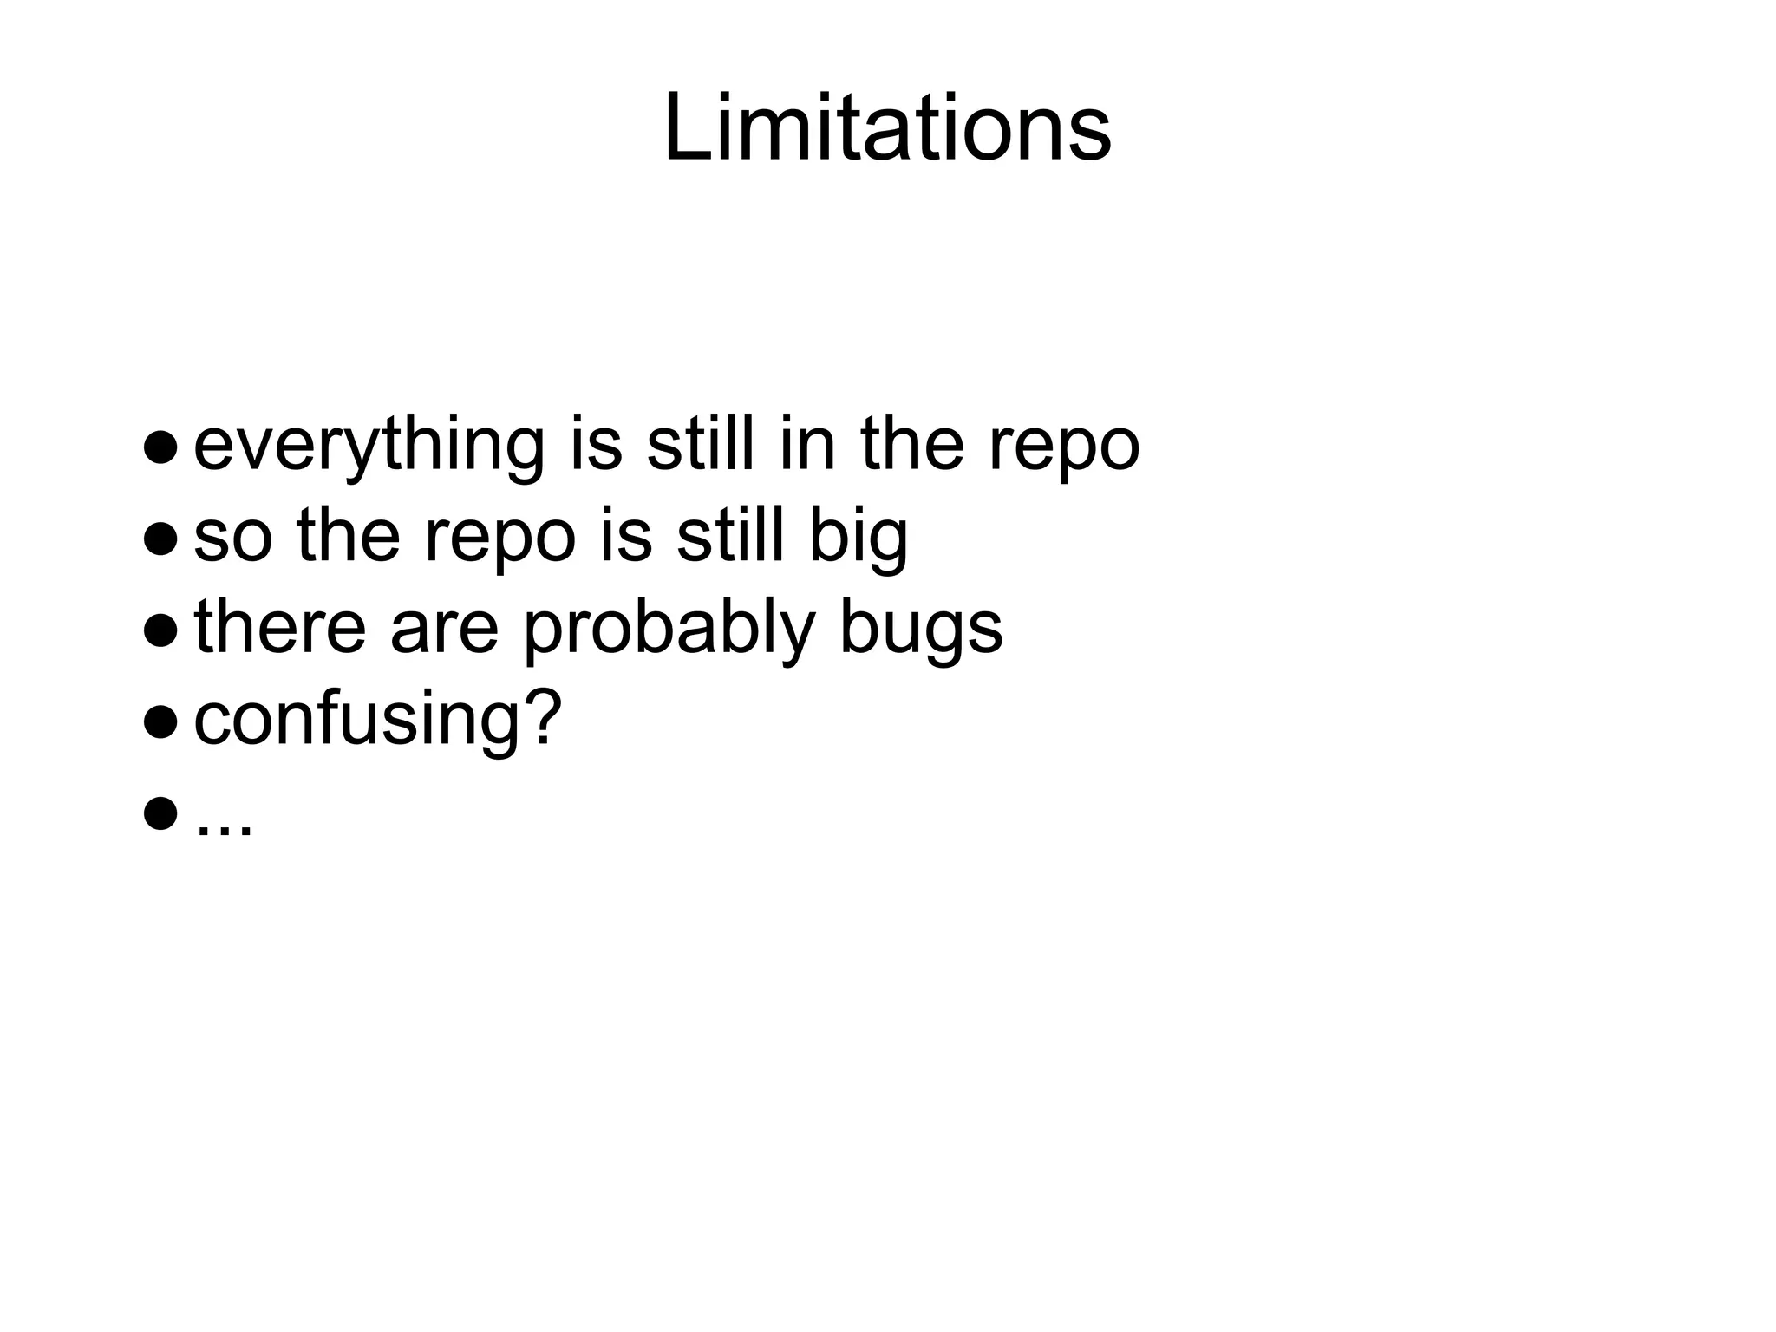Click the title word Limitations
click(886, 130)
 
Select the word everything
click(369, 446)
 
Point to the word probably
click(669, 630)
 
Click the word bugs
click(921, 630)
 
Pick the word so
click(232, 538)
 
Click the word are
click(444, 630)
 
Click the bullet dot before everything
click(161, 447)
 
